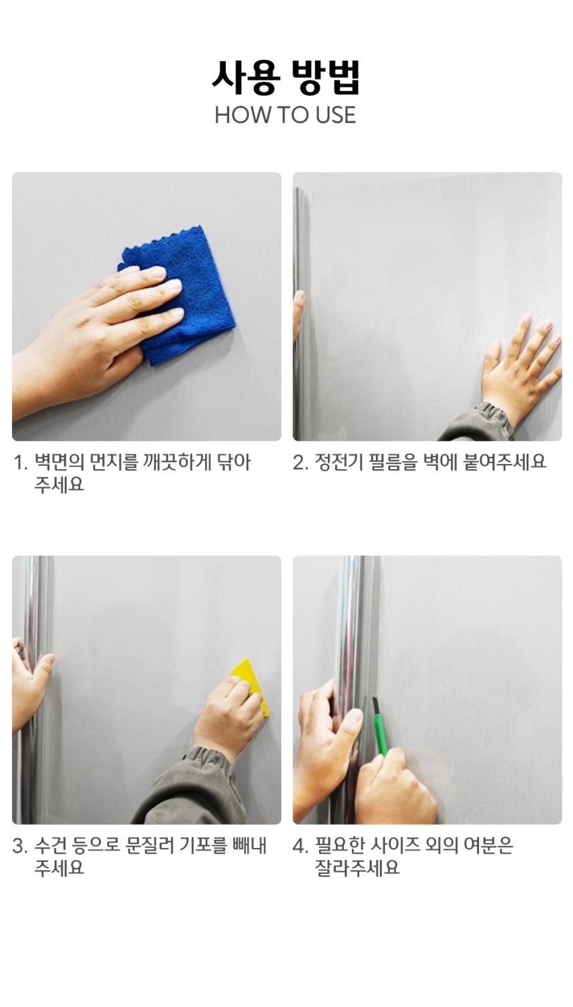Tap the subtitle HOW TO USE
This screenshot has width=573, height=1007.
(x=285, y=115)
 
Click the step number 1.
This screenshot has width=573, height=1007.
(x=20, y=463)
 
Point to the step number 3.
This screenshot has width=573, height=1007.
(x=20, y=847)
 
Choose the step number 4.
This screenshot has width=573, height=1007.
(x=300, y=847)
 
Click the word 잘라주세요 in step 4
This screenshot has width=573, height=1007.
(x=357, y=868)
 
